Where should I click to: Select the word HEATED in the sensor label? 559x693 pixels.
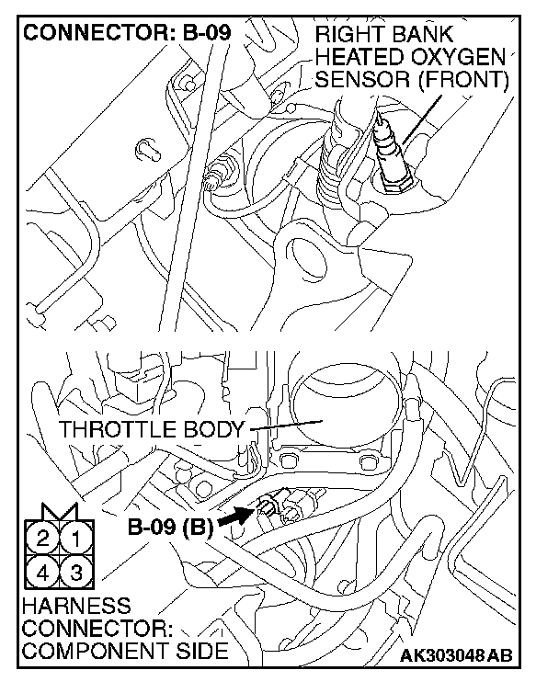(358, 57)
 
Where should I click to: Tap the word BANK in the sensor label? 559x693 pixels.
(437, 35)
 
